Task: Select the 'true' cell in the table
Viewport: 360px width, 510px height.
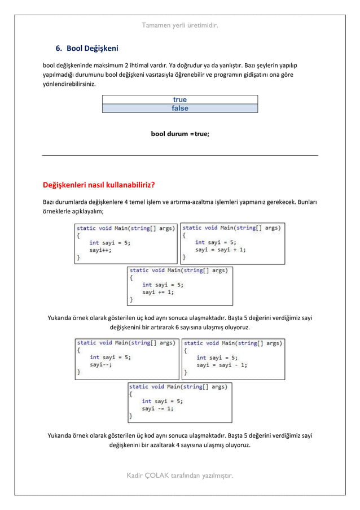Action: [179, 100]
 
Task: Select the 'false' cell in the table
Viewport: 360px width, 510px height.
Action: [179, 108]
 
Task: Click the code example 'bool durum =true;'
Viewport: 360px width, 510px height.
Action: [180, 134]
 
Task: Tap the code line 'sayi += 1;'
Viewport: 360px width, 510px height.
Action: [157, 293]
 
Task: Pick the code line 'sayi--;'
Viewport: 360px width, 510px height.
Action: [100, 365]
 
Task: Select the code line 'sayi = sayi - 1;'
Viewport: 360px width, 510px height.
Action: [221, 365]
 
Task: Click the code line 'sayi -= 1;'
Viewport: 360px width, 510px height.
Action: [157, 408]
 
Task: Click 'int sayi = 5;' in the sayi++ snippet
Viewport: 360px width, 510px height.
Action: [110, 243]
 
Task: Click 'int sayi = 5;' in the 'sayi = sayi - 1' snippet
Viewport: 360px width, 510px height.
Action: [217, 357]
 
